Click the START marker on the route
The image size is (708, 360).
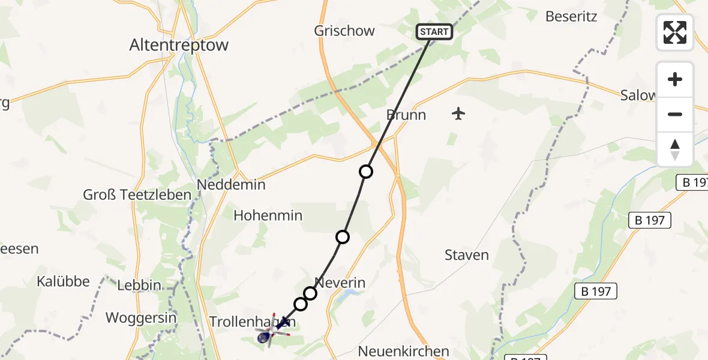434,32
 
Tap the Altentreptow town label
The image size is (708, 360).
179,45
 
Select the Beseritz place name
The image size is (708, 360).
571,16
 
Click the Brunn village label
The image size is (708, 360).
406,115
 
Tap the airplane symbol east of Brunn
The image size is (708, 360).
458,113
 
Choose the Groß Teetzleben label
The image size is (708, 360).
137,194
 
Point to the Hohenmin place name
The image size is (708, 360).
268,215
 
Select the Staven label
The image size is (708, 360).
467,255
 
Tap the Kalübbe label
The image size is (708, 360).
63,281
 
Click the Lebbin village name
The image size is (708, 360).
139,286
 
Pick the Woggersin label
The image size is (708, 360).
141,317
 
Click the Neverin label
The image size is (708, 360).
340,283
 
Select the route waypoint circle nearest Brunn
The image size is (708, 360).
365,172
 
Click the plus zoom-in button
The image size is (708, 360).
675,79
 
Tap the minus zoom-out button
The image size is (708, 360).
675,114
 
